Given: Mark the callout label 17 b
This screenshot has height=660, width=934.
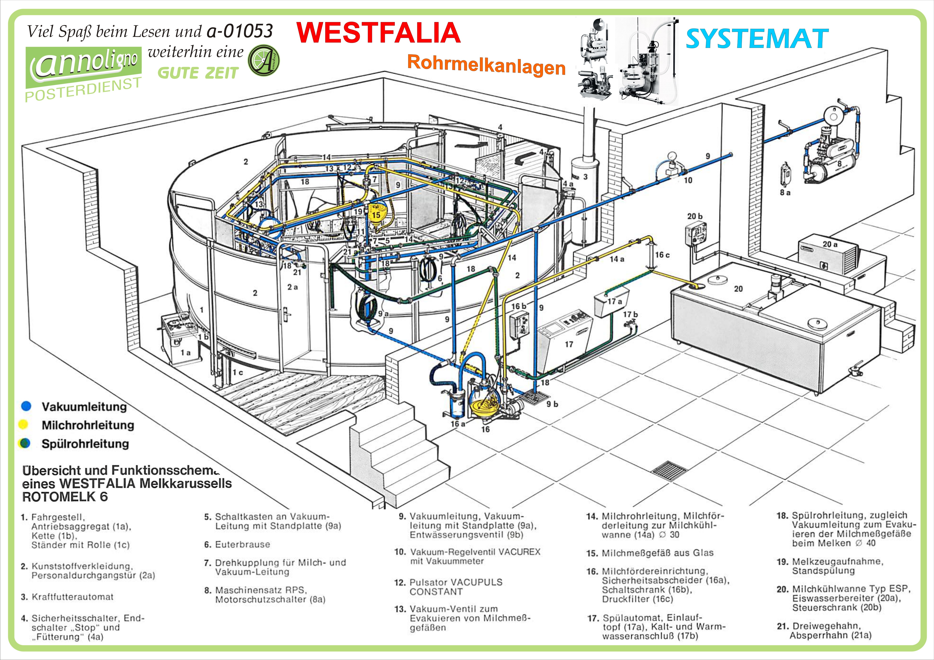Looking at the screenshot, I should pos(630,314).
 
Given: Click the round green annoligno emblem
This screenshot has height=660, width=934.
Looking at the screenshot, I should pos(264,60).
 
